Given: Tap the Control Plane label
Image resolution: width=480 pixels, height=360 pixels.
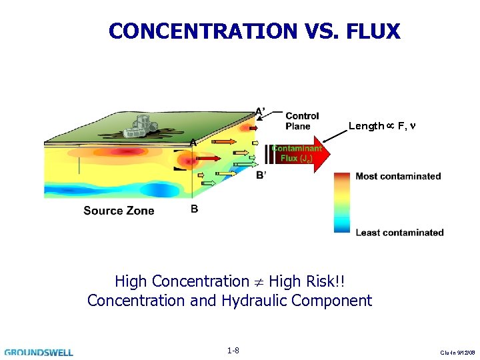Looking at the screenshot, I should [x=302, y=121].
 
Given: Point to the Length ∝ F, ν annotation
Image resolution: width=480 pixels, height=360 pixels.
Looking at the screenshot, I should [x=381, y=126].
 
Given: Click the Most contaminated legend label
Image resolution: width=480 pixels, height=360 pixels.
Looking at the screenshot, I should [x=398, y=177].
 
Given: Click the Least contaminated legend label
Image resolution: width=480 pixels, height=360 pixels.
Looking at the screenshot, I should [x=399, y=233].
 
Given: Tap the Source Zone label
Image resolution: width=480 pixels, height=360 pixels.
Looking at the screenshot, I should [x=119, y=211].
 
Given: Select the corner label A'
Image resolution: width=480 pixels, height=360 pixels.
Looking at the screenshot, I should [x=261, y=111].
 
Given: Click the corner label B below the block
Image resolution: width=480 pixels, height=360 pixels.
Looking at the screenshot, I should [x=194, y=209].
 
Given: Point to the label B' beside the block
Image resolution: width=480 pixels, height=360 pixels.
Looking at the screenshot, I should [x=261, y=175].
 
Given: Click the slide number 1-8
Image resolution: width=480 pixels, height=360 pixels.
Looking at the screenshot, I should [x=233, y=350].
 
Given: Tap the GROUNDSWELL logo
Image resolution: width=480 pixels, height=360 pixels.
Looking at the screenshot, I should [x=39, y=352].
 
